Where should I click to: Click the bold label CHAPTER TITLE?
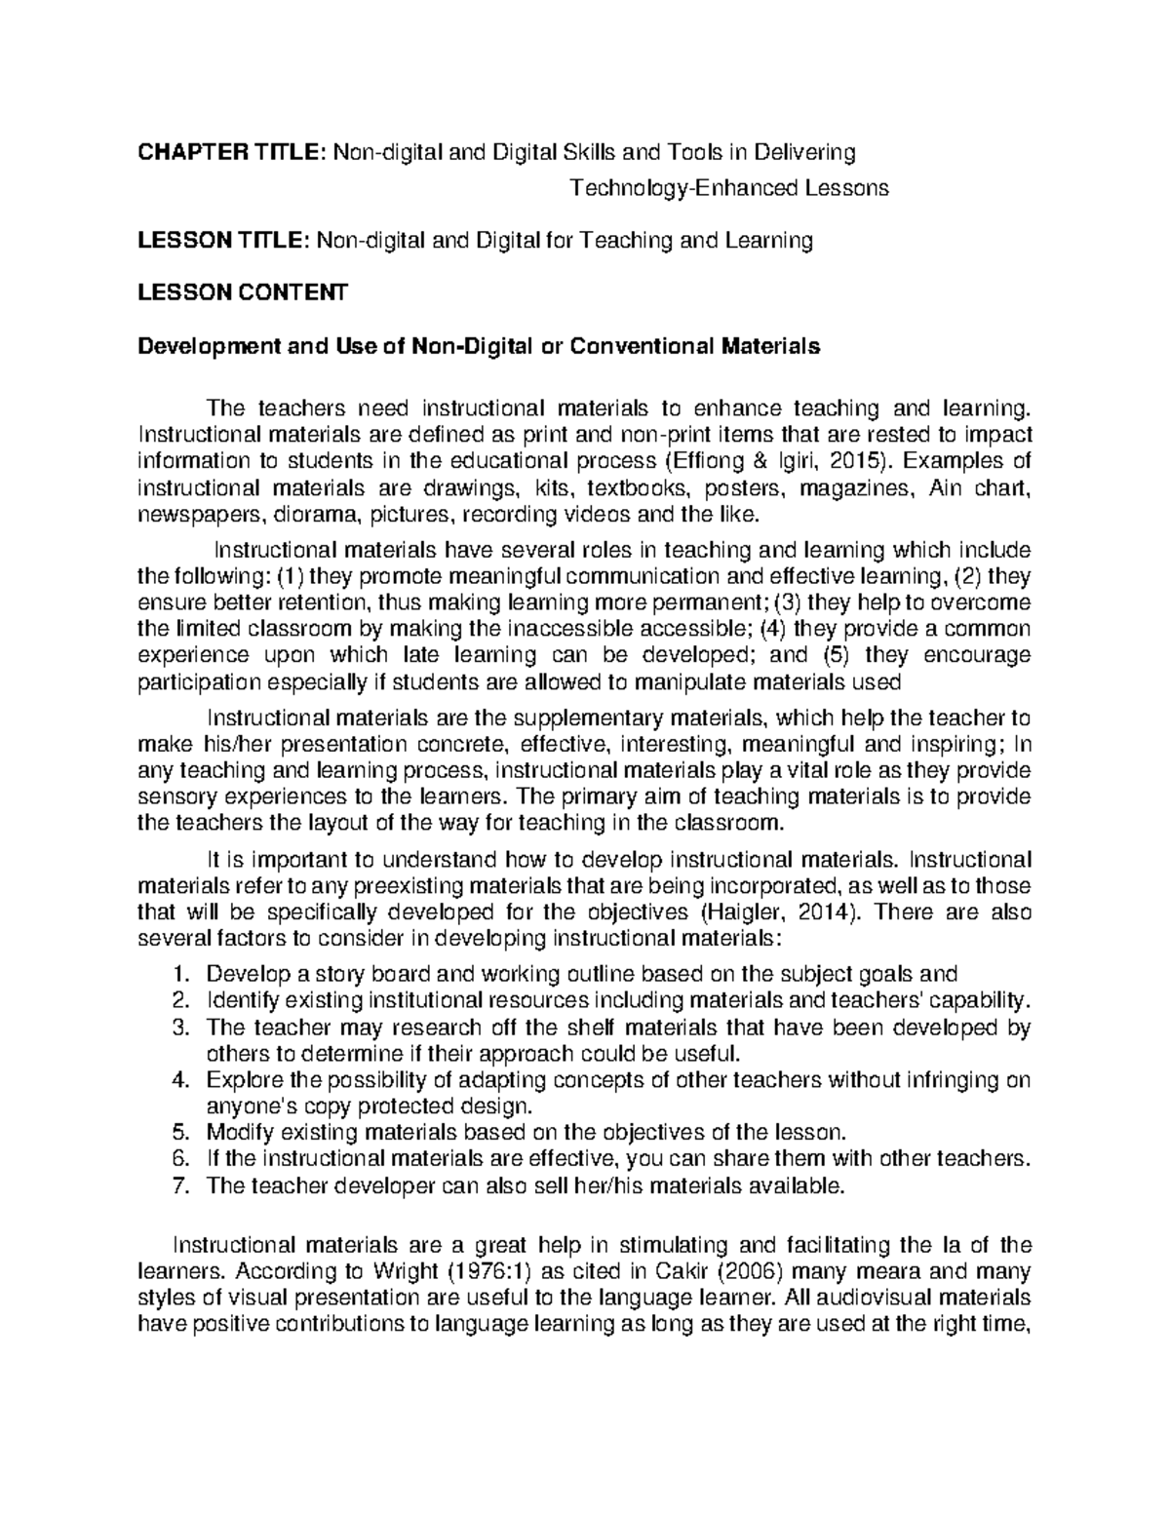[x=232, y=152]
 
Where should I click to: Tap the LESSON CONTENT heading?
[x=242, y=292]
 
